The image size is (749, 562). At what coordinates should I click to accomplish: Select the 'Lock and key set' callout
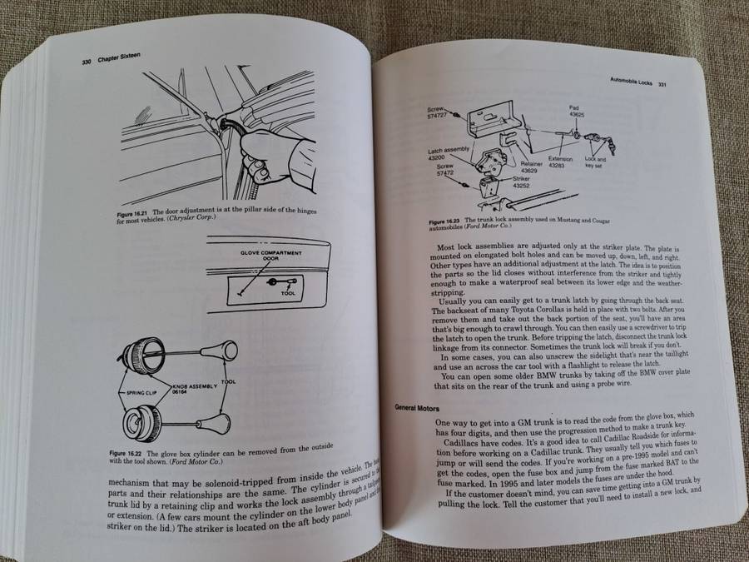coord(596,162)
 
